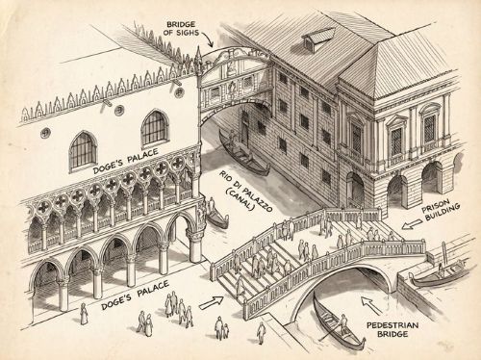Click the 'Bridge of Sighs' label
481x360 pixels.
pos(181,28)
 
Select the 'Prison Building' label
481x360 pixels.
pos(441,210)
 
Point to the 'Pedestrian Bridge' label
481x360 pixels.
pos(392,329)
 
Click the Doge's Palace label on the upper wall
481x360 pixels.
pos(126,161)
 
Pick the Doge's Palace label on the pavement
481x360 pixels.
pos(135,295)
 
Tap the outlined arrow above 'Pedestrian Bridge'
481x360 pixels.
pos(370,305)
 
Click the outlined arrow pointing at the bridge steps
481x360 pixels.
pos(211,303)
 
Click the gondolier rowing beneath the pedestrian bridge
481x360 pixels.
pos(343,325)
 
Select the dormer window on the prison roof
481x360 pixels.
pos(318,39)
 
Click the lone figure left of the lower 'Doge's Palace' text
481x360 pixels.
pos(84,314)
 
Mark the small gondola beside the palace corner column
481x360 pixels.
pos(217,217)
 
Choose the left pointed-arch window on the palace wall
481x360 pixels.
pos(83,150)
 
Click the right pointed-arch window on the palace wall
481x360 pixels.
pos(155,128)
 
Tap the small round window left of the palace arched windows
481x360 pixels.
pos(45,133)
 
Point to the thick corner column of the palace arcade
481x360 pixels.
pos(195,244)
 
